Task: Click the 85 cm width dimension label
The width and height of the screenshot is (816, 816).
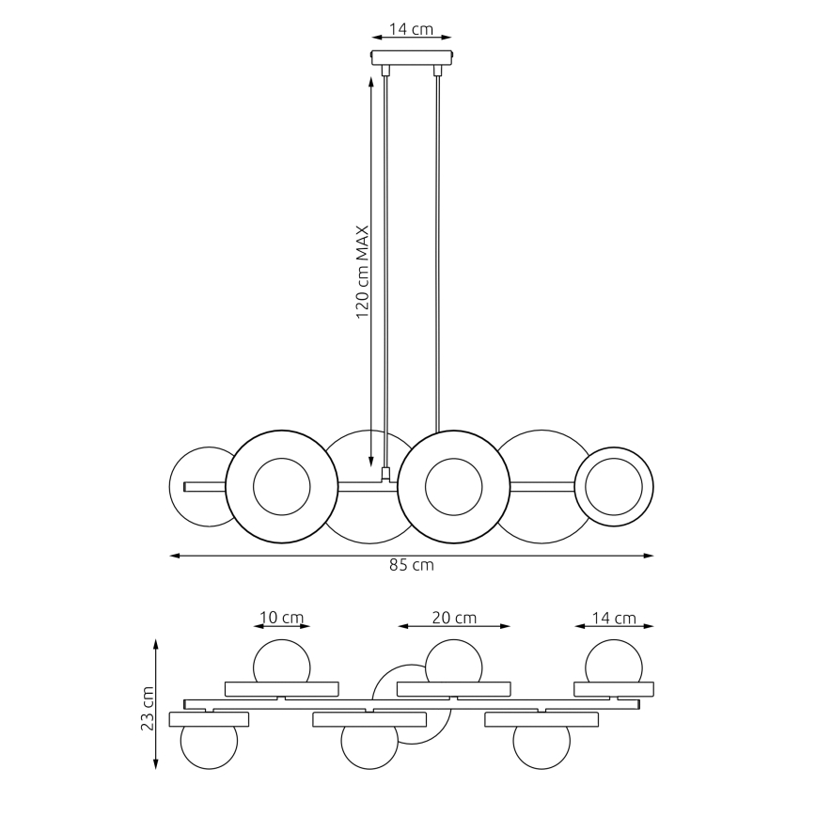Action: click(x=411, y=566)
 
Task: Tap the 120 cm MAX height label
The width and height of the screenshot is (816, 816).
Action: click(x=362, y=273)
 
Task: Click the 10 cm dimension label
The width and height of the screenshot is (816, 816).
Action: click(x=281, y=618)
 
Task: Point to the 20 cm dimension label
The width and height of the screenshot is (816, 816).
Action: click(x=453, y=618)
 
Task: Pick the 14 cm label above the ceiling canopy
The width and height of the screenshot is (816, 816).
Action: click(x=411, y=29)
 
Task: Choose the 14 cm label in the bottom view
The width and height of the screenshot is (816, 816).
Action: click(x=613, y=618)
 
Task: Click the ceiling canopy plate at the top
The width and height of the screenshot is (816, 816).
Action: click(x=411, y=56)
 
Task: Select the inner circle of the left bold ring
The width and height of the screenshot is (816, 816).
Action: click(x=281, y=487)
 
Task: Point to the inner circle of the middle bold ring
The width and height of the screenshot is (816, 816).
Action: click(x=453, y=487)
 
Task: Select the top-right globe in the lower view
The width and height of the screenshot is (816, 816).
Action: click(x=613, y=663)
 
